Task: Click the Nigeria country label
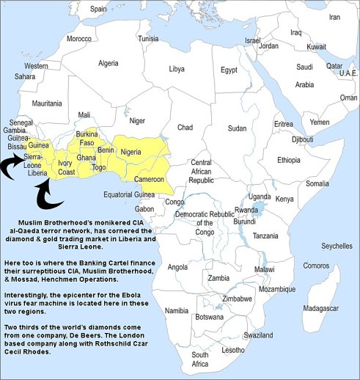131,152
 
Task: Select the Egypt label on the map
229,70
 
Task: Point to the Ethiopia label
288,159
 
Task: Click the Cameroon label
150,178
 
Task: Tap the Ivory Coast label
67,167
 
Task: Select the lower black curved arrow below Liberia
48,197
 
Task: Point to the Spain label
98,9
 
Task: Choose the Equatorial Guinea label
128,194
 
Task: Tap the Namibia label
177,311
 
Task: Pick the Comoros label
316,265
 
